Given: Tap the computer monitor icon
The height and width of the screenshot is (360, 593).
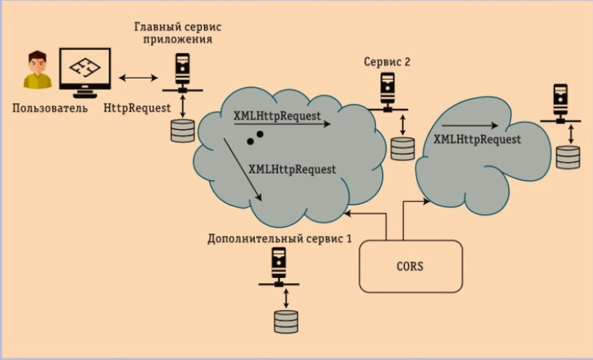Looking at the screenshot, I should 85,71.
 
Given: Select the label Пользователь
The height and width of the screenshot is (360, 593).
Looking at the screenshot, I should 50,109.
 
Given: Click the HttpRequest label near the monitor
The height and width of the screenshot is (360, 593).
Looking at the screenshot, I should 138,107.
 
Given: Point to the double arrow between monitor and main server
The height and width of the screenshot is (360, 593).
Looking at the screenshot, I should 138,78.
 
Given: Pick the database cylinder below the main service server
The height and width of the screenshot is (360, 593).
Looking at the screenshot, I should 182,130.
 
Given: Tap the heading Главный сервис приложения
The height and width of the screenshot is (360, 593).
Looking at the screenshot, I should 178,33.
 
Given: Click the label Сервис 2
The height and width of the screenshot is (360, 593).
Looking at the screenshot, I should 387,62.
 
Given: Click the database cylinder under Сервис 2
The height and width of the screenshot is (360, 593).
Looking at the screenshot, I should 402,147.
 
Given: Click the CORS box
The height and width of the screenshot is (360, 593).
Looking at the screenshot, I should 411,266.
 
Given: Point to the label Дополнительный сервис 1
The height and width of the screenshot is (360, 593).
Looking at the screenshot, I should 279,237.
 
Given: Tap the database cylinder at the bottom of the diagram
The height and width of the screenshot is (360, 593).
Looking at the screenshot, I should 286,321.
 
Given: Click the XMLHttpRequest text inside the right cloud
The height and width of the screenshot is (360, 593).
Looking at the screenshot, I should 478,139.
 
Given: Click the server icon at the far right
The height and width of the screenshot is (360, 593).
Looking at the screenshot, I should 561,102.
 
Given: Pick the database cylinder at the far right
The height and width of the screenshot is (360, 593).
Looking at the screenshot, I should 568,156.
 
